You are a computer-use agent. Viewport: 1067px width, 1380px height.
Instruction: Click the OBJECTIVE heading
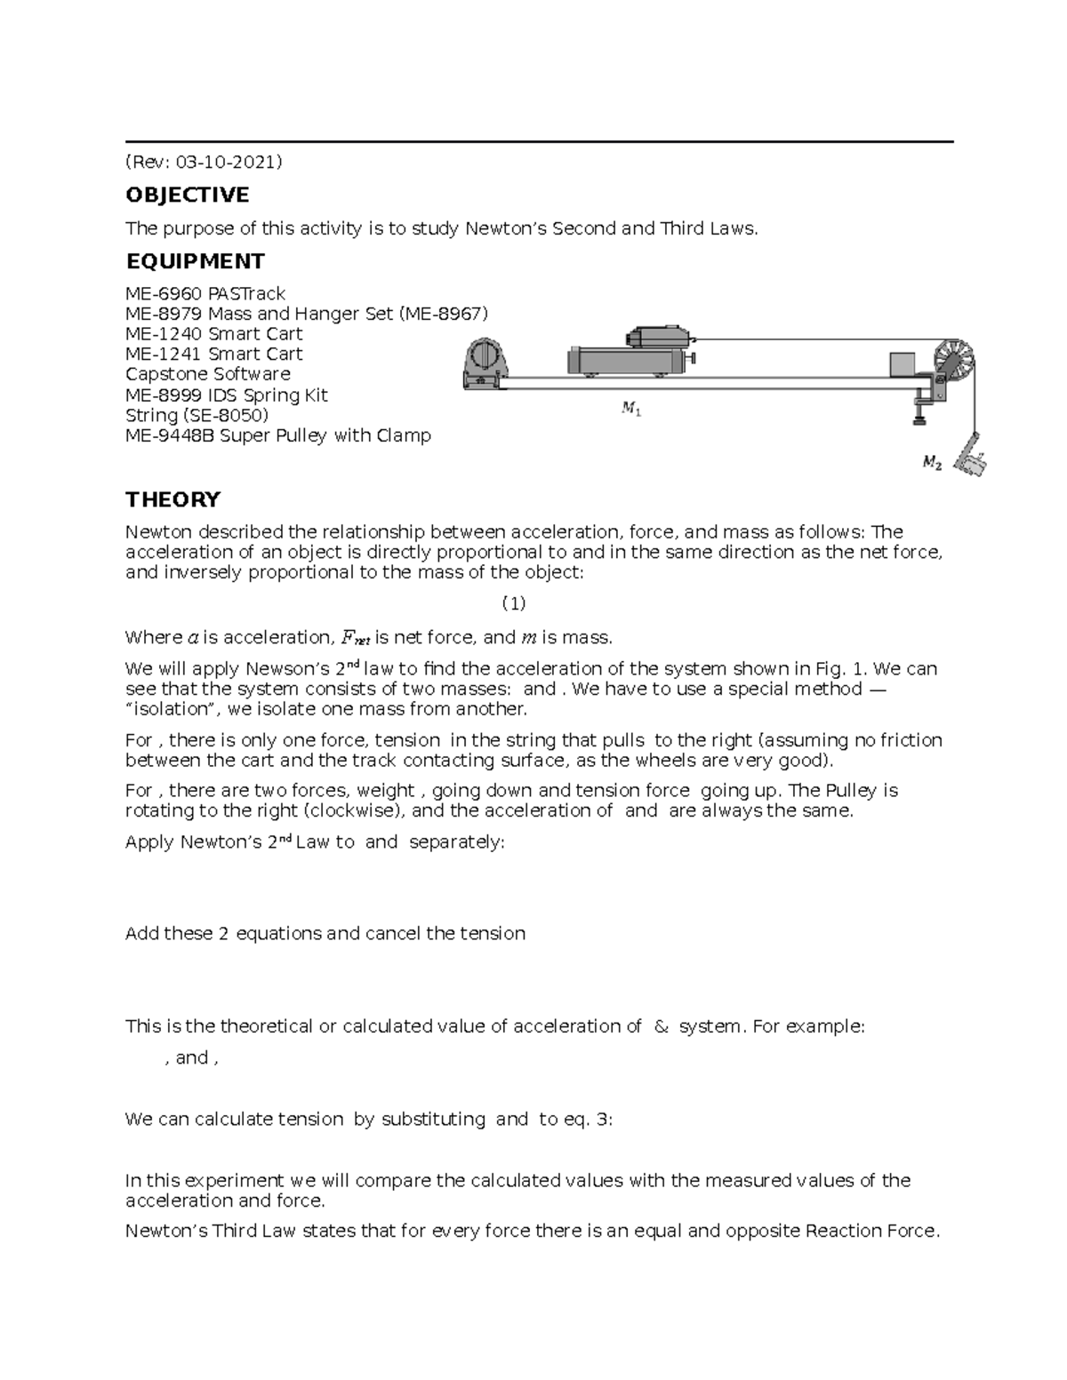click(x=187, y=195)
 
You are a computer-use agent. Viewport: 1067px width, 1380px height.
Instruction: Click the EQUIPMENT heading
click(x=195, y=261)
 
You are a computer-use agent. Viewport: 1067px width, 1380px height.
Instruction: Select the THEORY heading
click(x=172, y=499)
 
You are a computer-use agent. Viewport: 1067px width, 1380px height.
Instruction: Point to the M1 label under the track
click(x=631, y=410)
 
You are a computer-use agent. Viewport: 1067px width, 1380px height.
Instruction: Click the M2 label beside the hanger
click(x=931, y=462)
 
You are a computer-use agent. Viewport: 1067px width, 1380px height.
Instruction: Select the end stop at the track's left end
click(x=483, y=363)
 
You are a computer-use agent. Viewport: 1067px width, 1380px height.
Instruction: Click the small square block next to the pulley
click(x=902, y=364)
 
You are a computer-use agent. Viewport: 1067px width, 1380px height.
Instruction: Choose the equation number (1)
click(x=514, y=604)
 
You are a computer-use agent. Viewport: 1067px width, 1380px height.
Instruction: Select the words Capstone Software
click(x=208, y=374)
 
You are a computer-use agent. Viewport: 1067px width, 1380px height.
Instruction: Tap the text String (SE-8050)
click(x=197, y=415)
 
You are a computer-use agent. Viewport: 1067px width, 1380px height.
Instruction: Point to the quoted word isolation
click(x=174, y=709)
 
